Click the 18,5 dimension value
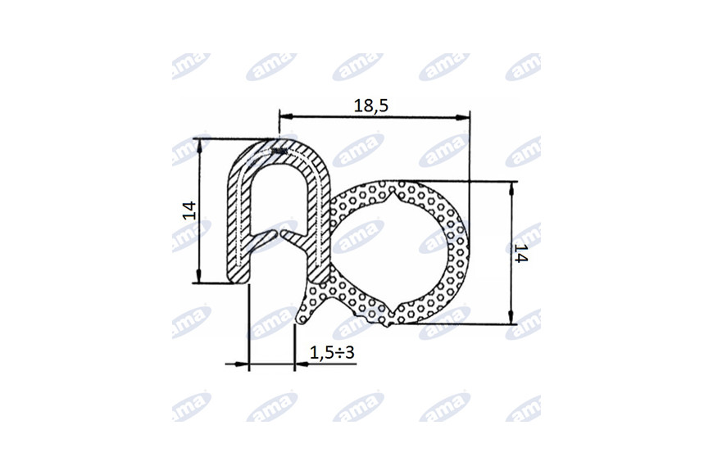(371, 106)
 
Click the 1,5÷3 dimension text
(332, 352)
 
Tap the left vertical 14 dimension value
(189, 210)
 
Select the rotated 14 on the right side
(520, 253)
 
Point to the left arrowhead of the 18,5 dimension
(285, 117)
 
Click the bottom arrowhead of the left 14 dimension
(198, 275)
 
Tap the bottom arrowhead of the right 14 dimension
(511, 317)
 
